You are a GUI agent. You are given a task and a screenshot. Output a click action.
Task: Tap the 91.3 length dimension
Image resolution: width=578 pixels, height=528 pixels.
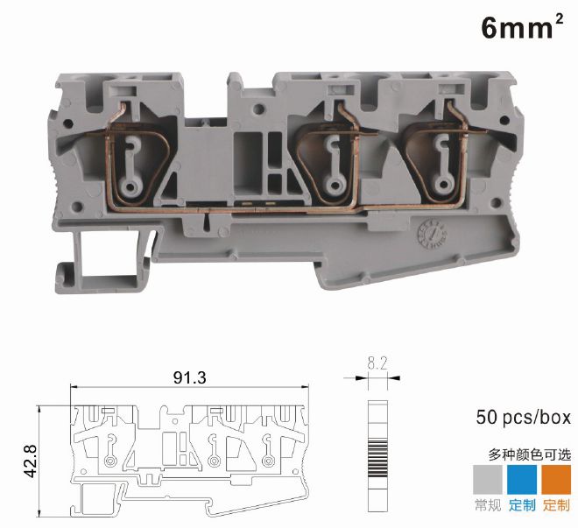point(189,377)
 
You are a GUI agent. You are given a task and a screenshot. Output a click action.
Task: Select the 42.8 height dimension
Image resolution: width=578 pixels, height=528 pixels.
point(31,461)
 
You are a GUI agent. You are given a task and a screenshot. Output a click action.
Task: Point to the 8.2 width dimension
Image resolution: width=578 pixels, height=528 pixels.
point(377,364)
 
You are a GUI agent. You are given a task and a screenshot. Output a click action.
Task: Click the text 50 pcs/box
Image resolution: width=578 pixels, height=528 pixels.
point(523,418)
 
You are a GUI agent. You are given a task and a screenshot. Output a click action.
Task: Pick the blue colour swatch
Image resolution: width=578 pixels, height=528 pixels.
point(522,479)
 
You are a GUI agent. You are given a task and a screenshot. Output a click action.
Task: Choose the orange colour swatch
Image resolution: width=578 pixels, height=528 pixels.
point(556,479)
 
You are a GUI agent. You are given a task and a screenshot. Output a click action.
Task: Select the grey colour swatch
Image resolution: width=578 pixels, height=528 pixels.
point(488,479)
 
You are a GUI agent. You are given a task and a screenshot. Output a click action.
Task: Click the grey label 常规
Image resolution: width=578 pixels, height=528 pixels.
point(488,505)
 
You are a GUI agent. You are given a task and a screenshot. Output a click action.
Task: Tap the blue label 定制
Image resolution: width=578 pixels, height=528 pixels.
point(522,505)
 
